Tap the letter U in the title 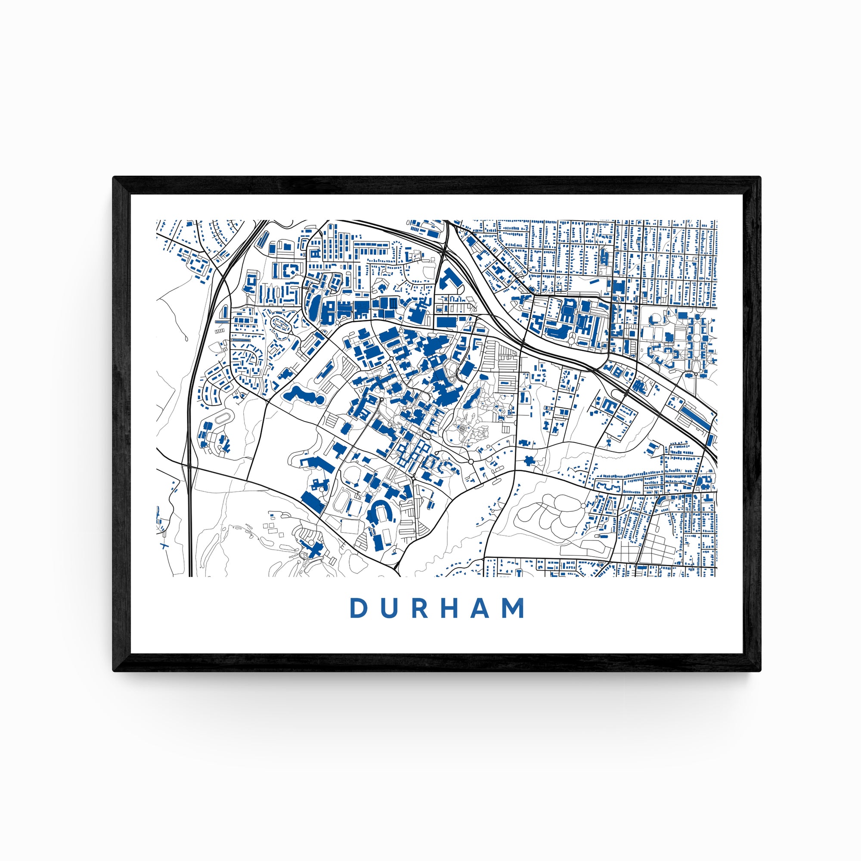[390, 608]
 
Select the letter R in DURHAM [419, 608]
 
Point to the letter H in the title [450, 608]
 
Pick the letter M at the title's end [514, 608]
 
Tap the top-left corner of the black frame [114, 178]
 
